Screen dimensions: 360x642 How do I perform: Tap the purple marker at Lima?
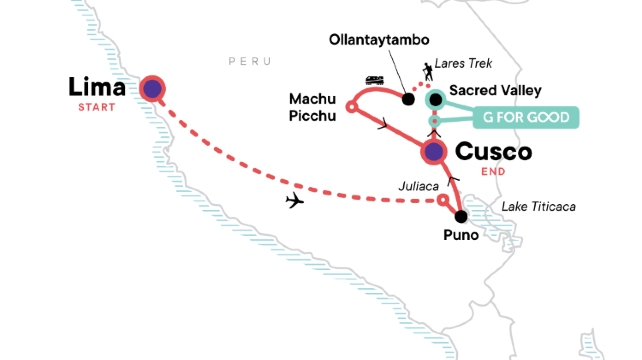tap(152, 89)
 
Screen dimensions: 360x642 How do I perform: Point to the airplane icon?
tap(294, 201)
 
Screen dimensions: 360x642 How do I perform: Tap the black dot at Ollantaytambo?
tap(408, 99)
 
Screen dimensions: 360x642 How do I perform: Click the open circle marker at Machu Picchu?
tap(351, 106)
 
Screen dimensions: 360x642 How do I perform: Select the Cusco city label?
tap(493, 152)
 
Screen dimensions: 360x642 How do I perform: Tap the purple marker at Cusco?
tap(433, 152)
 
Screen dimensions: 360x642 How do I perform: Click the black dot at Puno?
tap(461, 216)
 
